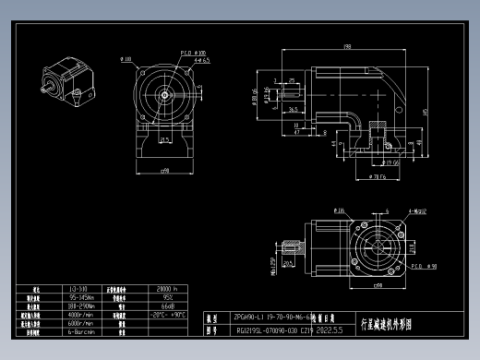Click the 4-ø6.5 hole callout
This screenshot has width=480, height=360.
(x=201, y=61)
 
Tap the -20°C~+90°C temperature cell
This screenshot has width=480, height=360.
(x=168, y=314)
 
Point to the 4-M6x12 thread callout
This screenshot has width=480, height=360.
(x=413, y=211)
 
